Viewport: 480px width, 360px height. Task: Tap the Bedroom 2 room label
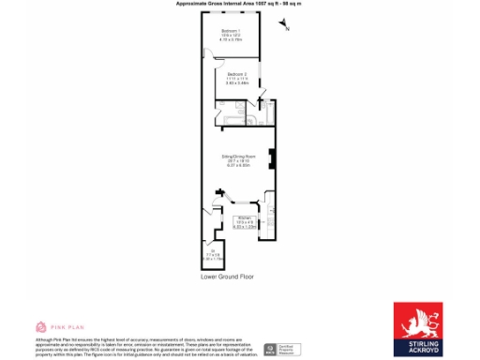[x=237, y=74]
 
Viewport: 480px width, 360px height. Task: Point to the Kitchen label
[x=243, y=219]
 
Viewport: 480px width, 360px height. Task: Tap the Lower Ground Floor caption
[x=228, y=277]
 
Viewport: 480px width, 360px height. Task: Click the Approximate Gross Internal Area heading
[x=239, y=5]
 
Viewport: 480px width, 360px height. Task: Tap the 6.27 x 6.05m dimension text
[x=238, y=165]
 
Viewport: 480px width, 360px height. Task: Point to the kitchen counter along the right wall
[x=271, y=220]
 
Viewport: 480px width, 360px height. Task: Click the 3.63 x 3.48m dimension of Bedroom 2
[x=237, y=82]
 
